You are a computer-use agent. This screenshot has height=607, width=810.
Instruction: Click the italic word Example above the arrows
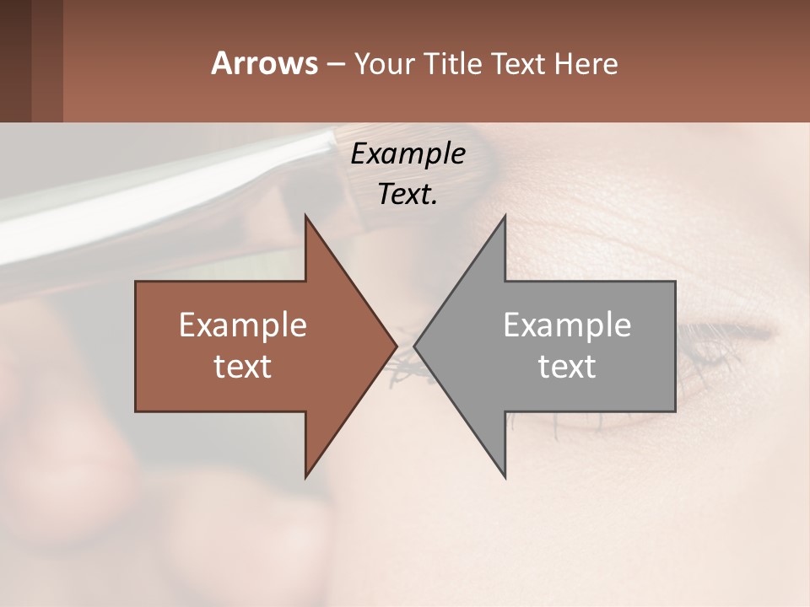tap(408, 153)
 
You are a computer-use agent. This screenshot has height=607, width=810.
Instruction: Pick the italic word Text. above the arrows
tap(408, 194)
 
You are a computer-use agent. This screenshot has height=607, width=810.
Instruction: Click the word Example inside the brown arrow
tap(243, 325)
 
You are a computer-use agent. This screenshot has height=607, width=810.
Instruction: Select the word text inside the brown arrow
tap(243, 367)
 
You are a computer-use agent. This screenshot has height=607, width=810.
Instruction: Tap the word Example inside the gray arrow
tap(567, 325)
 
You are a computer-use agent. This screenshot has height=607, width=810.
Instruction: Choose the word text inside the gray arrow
tap(567, 367)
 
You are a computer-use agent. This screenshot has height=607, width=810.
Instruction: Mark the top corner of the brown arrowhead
tap(305, 218)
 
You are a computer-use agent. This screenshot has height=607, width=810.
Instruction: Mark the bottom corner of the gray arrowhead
tap(505, 475)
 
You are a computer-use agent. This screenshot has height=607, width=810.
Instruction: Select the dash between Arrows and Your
tap(334, 64)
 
